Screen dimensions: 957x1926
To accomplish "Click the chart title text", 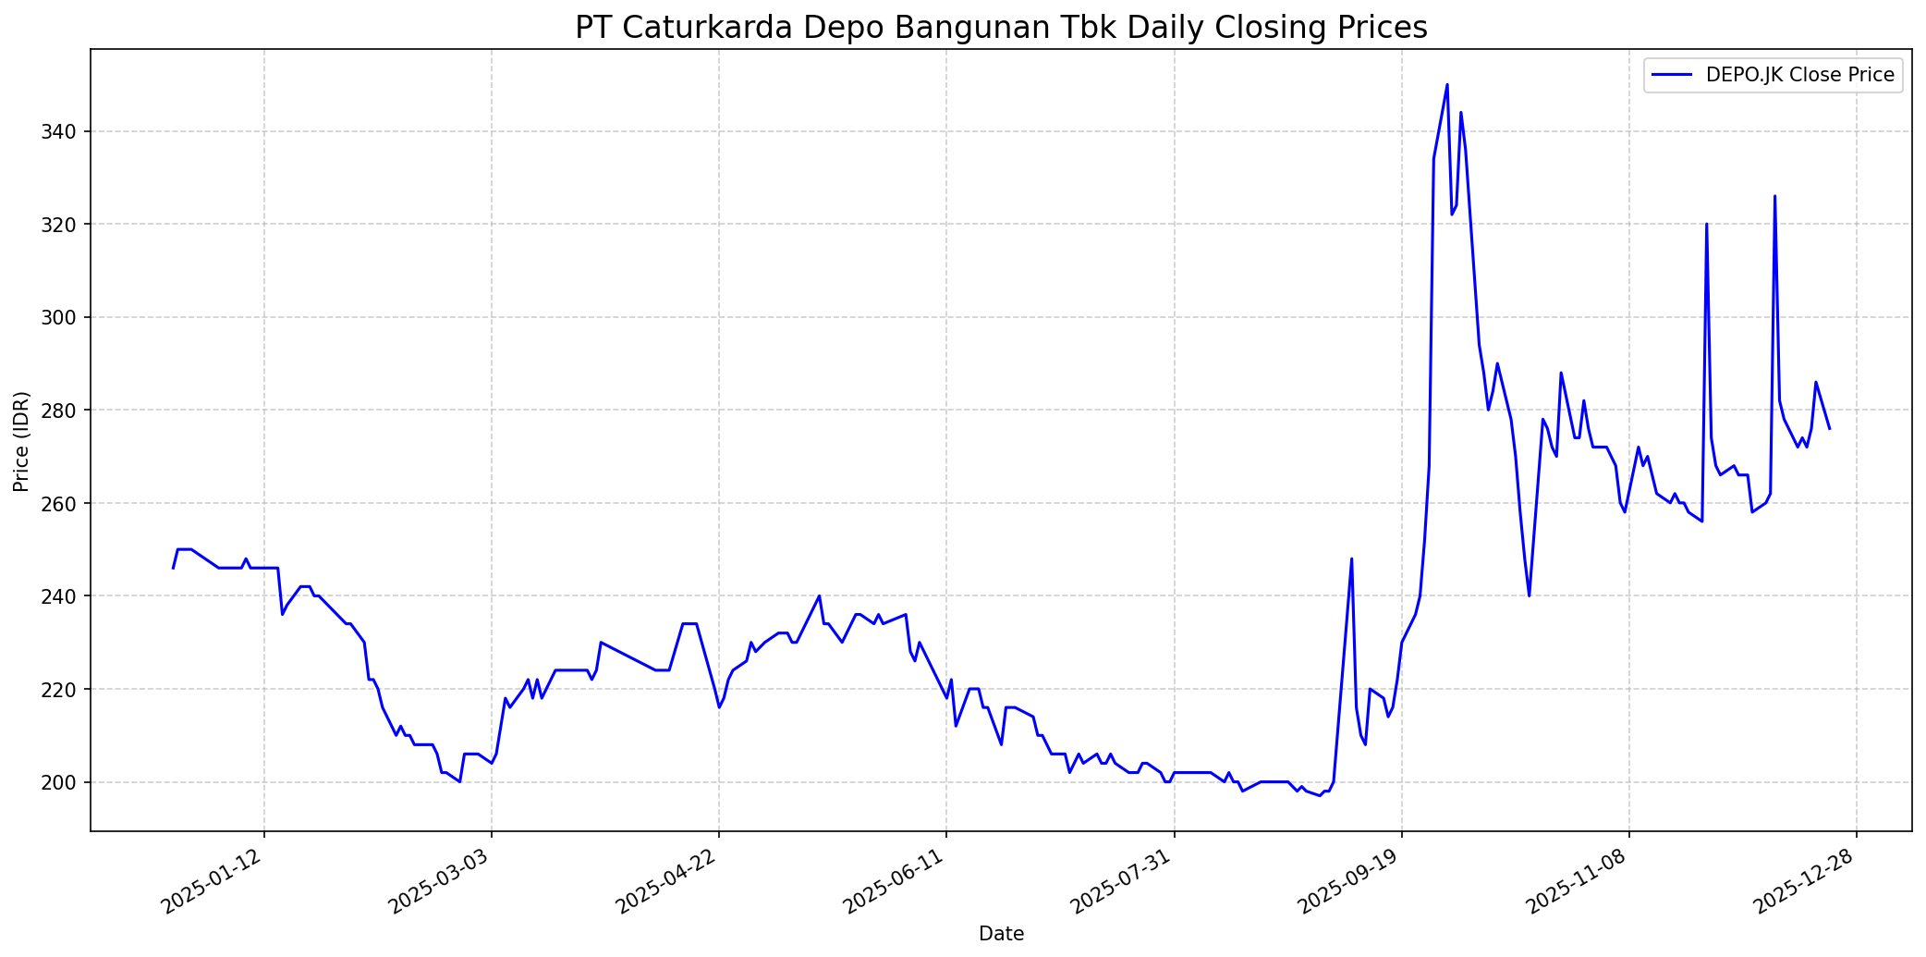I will click(x=1001, y=27).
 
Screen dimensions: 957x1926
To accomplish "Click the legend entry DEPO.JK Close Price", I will click(x=1799, y=75).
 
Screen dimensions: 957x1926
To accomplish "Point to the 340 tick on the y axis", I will click(x=70, y=131).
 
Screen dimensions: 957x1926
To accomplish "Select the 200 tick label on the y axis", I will click(x=70, y=782).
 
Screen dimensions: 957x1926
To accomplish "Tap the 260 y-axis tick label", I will click(x=70, y=503).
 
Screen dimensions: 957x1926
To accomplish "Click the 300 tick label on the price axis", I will click(x=70, y=317).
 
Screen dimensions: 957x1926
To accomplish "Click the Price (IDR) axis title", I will click(x=21, y=441).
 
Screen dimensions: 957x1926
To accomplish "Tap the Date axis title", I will click(x=1001, y=935).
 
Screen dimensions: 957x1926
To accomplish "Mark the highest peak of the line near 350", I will click(x=1447, y=84).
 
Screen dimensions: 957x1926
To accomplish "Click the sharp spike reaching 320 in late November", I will click(x=1706, y=224).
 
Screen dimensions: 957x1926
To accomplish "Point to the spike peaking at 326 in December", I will click(x=1774, y=196).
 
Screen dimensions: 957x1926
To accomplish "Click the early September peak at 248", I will click(x=1351, y=558).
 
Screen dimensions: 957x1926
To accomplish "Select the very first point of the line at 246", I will click(x=173, y=568).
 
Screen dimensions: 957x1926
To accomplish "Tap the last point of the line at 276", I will click(x=1829, y=428).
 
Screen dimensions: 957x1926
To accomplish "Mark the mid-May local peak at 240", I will click(x=819, y=595).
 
